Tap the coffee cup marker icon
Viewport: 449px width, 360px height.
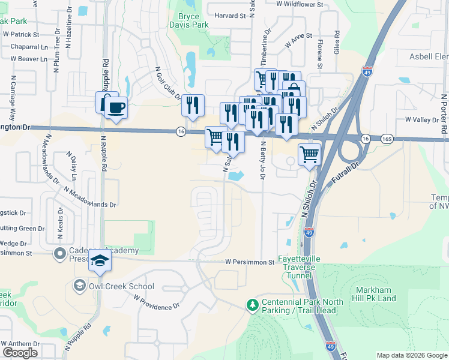(x=116, y=108)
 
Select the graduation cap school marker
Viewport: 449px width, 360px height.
(x=100, y=262)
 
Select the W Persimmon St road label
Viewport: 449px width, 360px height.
(x=250, y=262)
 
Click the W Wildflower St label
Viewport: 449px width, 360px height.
(x=300, y=4)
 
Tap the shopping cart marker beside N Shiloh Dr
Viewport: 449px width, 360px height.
(x=309, y=154)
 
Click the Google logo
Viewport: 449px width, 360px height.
(x=20, y=353)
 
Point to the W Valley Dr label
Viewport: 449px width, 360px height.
(x=423, y=120)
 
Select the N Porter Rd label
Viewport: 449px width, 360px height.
(x=444, y=114)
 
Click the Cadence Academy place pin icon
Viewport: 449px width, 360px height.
(x=59, y=254)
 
